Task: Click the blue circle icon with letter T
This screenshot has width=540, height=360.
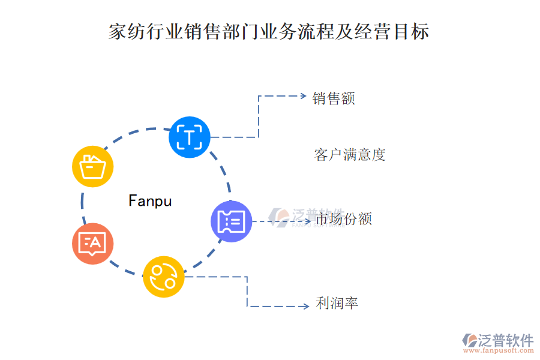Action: tap(190, 137)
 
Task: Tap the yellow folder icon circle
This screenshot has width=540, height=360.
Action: tap(93, 166)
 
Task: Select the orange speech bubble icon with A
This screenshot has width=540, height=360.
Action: tap(92, 244)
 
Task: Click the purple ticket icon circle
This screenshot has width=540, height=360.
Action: tap(232, 221)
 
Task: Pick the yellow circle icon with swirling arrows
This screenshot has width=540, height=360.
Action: tap(164, 276)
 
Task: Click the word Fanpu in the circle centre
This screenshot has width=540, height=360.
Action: tap(150, 201)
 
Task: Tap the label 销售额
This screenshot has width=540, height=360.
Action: tap(334, 98)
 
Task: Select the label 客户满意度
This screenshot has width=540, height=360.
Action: tap(350, 155)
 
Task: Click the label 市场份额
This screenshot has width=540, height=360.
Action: tap(344, 219)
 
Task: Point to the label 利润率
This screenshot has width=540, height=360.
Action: tap(337, 304)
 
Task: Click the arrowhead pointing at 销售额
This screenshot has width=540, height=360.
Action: tap(302, 96)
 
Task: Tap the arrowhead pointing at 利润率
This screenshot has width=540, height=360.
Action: tap(305, 307)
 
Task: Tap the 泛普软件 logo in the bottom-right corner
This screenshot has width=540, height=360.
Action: tap(498, 340)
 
